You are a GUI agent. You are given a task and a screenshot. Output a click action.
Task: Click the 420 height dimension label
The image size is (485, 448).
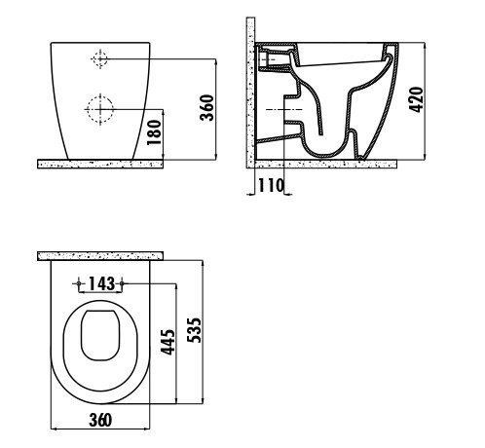(416, 99)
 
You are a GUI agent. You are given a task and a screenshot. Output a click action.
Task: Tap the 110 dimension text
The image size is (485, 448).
(271, 185)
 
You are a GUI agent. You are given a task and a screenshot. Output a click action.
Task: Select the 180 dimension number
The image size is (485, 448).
(154, 132)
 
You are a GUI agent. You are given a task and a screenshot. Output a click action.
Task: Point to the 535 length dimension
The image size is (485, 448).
(195, 330)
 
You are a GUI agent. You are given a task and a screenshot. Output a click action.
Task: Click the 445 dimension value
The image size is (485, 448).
(168, 342)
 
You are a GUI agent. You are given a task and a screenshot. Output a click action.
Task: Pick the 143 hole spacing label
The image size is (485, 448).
(101, 283)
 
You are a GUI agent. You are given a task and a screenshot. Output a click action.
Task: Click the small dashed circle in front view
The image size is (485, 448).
(99, 58)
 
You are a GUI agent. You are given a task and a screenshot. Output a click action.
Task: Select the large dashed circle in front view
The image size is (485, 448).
(100, 109)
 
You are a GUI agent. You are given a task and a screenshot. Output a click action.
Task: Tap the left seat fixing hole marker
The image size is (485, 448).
(78, 283)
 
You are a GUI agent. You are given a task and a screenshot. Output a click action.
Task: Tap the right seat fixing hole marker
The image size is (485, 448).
(122, 283)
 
